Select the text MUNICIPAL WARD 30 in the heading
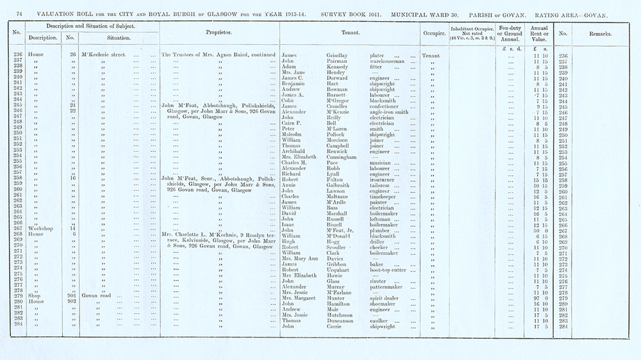coord(422,13)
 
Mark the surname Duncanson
coord(343,320)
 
